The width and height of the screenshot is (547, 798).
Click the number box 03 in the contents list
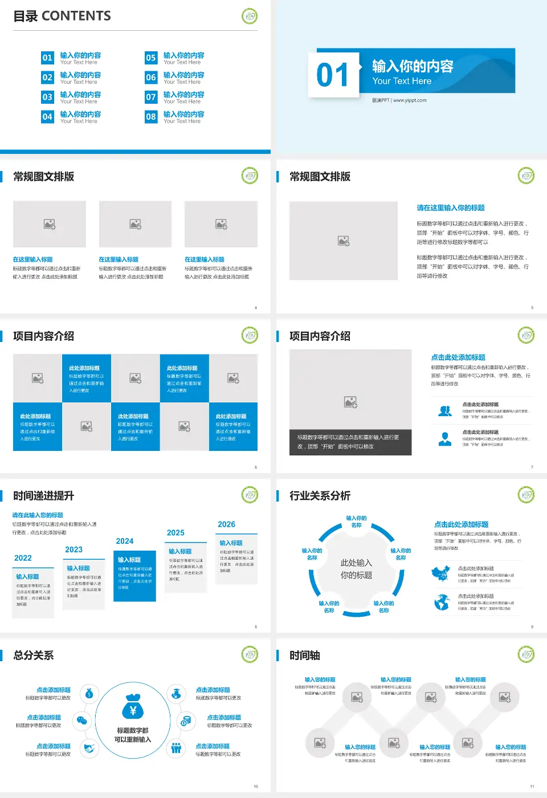point(47,97)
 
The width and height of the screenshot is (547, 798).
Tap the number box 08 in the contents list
point(151,117)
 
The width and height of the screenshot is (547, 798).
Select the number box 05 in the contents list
point(151,58)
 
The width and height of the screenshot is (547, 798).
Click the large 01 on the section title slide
point(333,75)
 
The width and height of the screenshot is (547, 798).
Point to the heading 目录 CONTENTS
point(62,16)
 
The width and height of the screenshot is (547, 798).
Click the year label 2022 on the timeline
point(23,558)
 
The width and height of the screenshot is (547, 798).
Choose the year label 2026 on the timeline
point(226,524)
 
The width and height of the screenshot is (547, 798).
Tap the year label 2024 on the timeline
point(125,541)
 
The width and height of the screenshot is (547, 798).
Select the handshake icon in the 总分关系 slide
point(89,748)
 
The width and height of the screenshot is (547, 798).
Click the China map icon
point(441,573)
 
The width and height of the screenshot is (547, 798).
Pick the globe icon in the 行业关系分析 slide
point(442,602)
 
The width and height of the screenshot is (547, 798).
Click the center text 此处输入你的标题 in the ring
point(357,569)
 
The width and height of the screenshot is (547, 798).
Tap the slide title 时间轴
point(305,655)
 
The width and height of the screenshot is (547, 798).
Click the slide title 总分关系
point(34,655)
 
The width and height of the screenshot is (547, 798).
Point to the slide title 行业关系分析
point(320,496)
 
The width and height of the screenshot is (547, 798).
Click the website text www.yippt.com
point(410,100)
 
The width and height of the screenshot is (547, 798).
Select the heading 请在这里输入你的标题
point(451,208)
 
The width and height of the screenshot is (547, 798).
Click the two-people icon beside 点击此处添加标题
point(445,411)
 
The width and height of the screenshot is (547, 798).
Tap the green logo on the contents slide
point(250,16)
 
